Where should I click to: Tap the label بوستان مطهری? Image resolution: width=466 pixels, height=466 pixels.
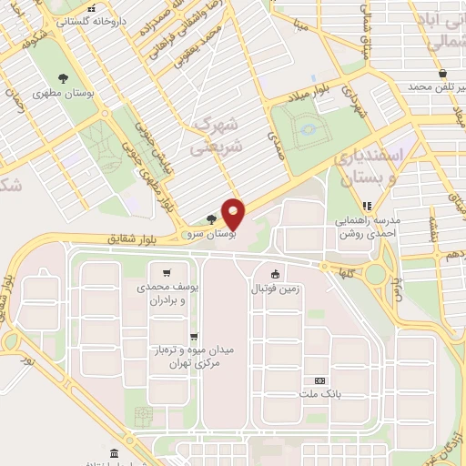[x=57, y=93]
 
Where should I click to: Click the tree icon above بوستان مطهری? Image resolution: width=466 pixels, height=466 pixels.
[x=62, y=77]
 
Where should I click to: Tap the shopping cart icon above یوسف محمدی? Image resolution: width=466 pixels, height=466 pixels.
[x=166, y=272]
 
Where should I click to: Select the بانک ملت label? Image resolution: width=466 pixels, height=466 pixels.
[x=319, y=395]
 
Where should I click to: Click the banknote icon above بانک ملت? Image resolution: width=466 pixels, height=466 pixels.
[x=319, y=380]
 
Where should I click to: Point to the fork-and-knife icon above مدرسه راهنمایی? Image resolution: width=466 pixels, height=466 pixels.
[x=368, y=206]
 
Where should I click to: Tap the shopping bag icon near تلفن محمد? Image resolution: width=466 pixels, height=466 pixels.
[x=442, y=73]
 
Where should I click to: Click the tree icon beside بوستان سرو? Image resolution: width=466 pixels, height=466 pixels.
[x=211, y=219]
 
